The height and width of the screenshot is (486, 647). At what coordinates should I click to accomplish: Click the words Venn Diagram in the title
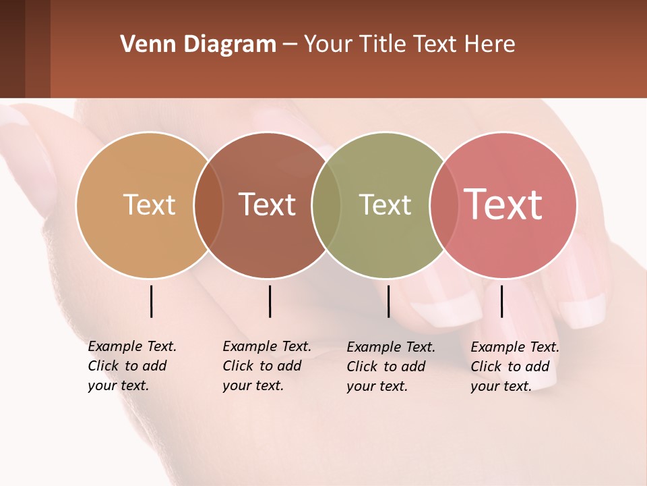[198, 45]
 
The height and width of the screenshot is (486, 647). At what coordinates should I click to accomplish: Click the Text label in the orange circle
[149, 205]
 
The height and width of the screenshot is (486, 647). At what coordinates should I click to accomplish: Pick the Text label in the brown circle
[268, 205]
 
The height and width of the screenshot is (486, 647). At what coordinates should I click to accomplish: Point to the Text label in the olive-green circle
[385, 205]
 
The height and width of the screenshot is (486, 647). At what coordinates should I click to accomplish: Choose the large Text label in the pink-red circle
[503, 205]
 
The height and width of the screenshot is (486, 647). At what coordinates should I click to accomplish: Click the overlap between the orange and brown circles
[208, 205]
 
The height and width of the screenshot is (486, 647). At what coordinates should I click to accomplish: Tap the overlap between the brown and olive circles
[326, 205]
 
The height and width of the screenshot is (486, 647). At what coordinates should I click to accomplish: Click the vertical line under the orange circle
[151, 301]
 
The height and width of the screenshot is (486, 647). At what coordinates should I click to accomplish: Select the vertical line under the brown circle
[270, 301]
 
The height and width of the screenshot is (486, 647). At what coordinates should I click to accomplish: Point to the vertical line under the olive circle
[388, 301]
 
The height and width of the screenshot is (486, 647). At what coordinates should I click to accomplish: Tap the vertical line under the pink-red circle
[501, 301]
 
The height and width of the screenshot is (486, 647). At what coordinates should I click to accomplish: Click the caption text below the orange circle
[131, 366]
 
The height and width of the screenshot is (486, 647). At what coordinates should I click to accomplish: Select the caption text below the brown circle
[266, 366]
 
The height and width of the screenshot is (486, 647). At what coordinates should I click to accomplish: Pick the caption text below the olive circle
[390, 367]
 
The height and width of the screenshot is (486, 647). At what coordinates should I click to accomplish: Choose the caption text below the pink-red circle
[514, 367]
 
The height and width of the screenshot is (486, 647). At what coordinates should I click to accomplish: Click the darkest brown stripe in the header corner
[12, 49]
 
